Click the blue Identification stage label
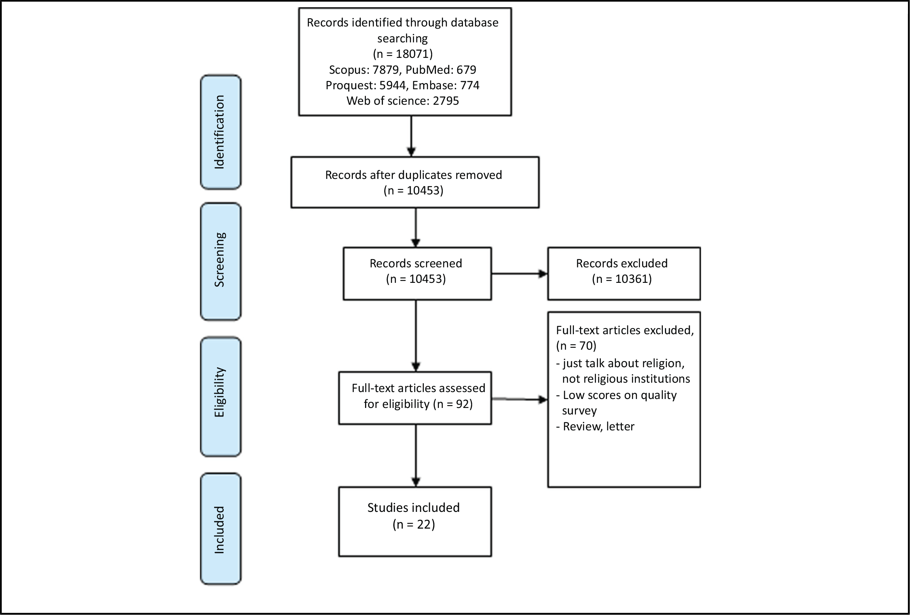point(221,132)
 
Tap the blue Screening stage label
point(221,261)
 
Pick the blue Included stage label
point(221,529)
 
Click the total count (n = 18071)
point(403,54)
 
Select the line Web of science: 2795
point(403,101)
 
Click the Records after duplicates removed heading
point(413,175)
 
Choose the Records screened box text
point(416,263)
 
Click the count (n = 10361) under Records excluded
point(622,279)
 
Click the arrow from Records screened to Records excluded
point(519,274)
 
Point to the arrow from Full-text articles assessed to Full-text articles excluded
point(519,399)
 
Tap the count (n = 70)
point(576,346)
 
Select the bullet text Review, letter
point(598,426)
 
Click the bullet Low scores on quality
point(619,395)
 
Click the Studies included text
point(413,507)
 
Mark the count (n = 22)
point(414,524)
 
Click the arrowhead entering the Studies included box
point(416,482)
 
